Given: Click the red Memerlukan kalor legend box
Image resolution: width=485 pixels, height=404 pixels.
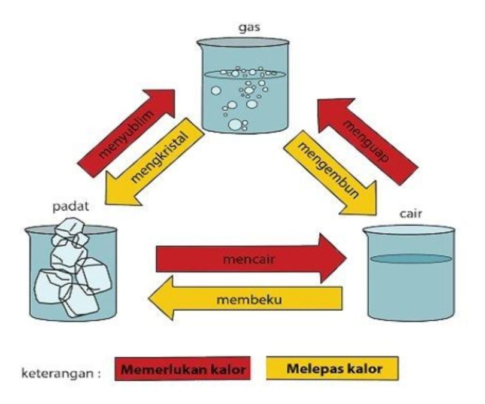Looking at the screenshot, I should [183, 370].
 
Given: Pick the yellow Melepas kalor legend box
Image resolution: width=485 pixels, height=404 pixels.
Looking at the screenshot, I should [334, 369].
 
